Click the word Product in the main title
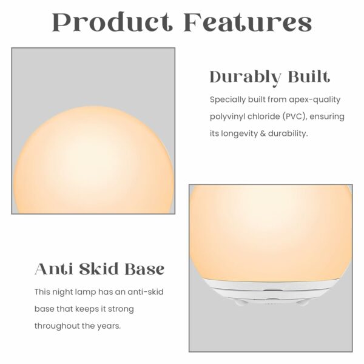tap(111, 22)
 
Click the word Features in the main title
tap(248, 22)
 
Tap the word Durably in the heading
tap(245, 77)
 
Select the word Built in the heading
tap(309, 76)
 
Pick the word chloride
tap(263, 116)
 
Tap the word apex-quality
tap(314, 100)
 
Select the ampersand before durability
tap(263, 133)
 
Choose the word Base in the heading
tap(144, 269)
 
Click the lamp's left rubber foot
tap(240, 302)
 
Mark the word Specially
tap(227, 100)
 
